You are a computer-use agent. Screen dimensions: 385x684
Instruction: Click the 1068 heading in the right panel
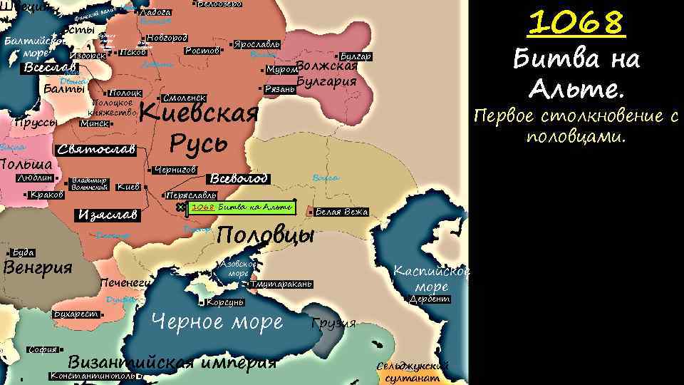(x=576, y=24)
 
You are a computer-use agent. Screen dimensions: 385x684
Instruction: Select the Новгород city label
(x=167, y=38)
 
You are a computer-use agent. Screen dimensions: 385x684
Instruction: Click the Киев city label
(x=128, y=187)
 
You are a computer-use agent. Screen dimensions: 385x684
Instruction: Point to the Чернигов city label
(x=175, y=170)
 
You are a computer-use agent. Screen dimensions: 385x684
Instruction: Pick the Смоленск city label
(x=184, y=97)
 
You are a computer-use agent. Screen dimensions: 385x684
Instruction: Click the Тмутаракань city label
(x=281, y=284)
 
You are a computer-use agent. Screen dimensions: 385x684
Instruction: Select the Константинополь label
(x=93, y=376)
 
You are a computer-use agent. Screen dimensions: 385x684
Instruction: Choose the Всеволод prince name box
(x=239, y=178)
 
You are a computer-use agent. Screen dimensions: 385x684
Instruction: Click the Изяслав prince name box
(x=109, y=215)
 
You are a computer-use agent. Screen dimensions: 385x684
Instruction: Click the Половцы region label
(x=265, y=235)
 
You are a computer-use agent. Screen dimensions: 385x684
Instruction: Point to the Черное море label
(x=217, y=323)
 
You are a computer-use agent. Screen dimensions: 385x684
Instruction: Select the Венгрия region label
(x=38, y=268)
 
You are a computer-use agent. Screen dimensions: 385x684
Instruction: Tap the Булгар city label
(x=356, y=56)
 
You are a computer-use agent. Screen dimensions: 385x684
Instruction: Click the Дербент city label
(x=430, y=299)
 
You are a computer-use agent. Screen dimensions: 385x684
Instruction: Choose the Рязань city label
(x=279, y=89)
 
